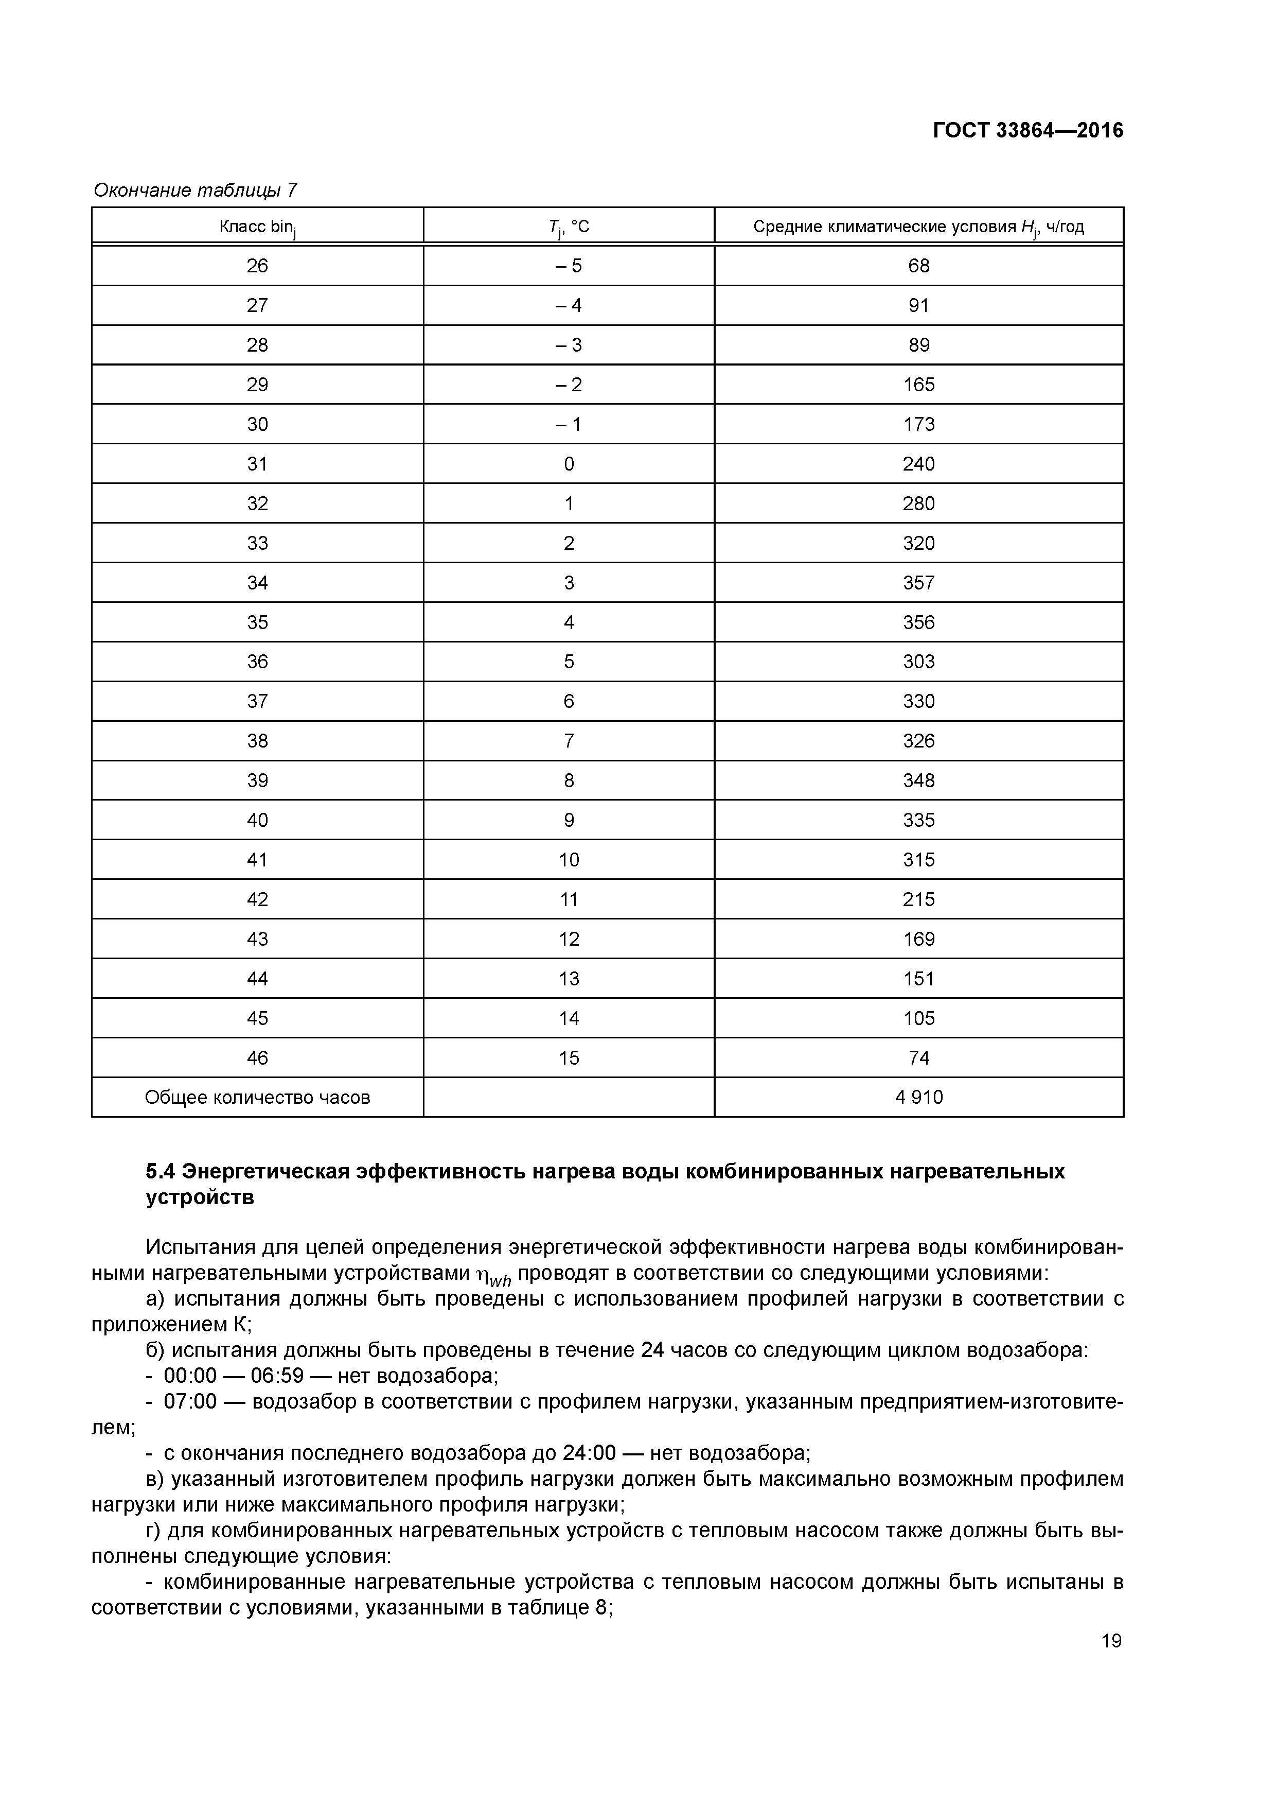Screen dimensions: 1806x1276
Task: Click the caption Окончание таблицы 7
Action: pos(195,190)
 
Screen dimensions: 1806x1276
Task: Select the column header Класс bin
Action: pos(257,228)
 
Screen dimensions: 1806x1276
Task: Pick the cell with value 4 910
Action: pos(918,1097)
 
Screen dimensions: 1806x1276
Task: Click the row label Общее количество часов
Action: pos(257,1097)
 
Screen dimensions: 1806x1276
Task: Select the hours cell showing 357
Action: pos(918,583)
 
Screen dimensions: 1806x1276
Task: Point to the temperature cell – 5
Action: pos(569,266)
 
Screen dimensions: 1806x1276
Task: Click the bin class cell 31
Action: pos(257,464)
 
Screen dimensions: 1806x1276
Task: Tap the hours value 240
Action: pos(918,464)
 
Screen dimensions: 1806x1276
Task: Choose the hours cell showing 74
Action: pos(918,1058)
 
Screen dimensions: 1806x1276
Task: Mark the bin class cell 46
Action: pos(257,1058)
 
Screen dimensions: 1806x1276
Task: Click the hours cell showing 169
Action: pos(918,939)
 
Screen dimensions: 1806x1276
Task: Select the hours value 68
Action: pos(918,266)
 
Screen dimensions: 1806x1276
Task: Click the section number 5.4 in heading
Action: pos(161,1172)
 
